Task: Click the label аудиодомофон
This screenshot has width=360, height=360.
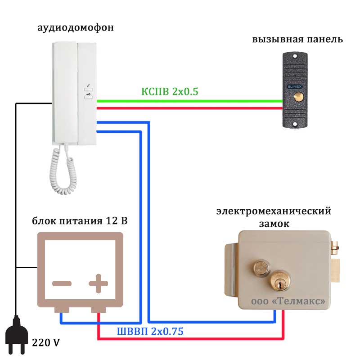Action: point(75,28)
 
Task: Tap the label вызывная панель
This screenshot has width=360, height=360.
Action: point(297,40)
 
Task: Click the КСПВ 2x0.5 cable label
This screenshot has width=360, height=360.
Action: point(170,91)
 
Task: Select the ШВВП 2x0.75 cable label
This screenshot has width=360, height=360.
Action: point(150,332)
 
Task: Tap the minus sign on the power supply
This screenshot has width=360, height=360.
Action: point(62,283)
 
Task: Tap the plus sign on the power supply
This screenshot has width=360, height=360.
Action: point(98,283)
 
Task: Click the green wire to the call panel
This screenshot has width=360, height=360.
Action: point(189,100)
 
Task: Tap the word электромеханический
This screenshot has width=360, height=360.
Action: point(273,211)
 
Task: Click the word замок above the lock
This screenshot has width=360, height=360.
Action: point(273,224)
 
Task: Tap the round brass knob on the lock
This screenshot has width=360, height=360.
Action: point(260,268)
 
